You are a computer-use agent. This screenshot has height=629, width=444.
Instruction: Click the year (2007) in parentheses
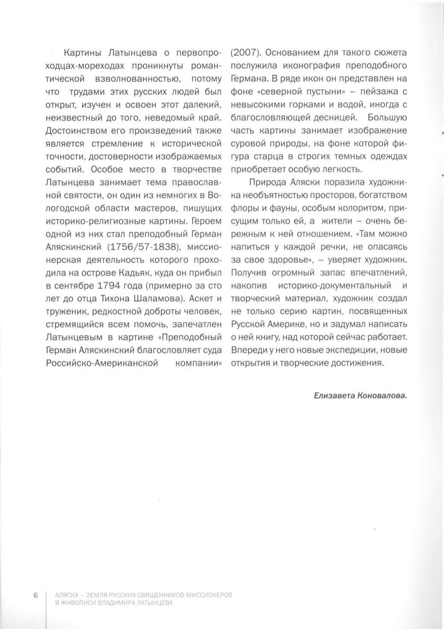pos(246,53)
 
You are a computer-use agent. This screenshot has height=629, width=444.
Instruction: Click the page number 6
pos(36,595)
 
